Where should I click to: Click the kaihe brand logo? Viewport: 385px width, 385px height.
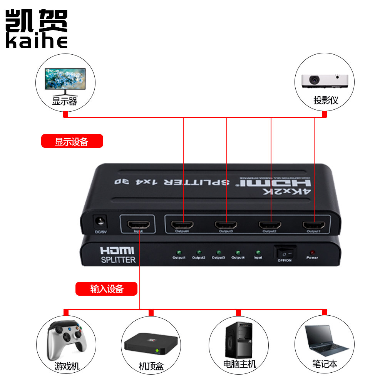[37, 29]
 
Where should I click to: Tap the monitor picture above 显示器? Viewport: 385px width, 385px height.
[65, 80]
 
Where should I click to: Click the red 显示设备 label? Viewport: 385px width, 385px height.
[72, 141]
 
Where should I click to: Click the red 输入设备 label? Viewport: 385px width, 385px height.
[106, 289]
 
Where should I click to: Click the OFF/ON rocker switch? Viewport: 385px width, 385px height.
[285, 253]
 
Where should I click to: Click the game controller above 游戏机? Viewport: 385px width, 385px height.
[66, 339]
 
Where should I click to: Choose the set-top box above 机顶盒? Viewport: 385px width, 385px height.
[151, 343]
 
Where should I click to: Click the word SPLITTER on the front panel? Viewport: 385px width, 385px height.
[118, 260]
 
